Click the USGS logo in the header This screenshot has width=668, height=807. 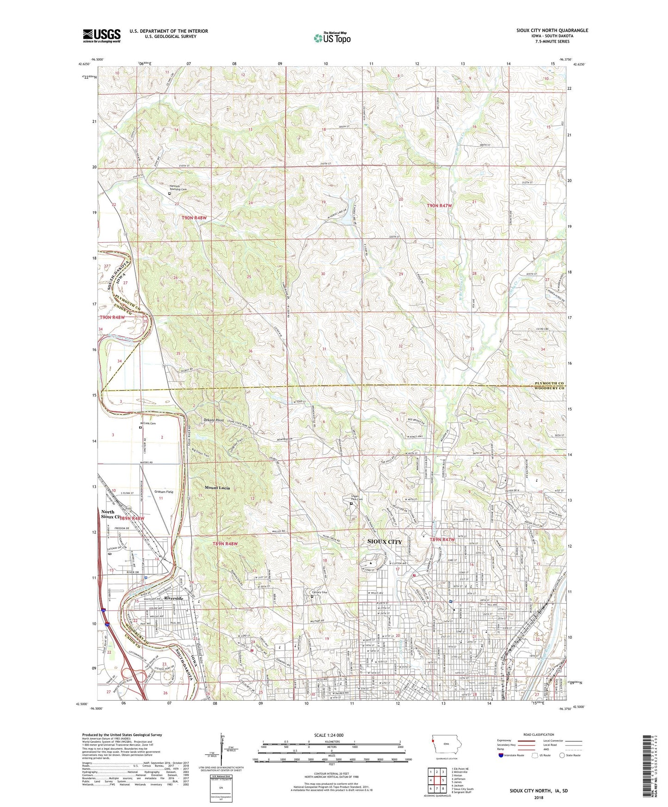click(x=102, y=35)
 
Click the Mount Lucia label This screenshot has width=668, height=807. click(x=217, y=488)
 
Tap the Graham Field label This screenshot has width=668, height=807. click(x=164, y=492)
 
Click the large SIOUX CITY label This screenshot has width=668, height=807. click(x=384, y=541)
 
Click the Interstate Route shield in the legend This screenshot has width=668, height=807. click(x=501, y=755)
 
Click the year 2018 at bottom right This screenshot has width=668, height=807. click(x=539, y=797)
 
